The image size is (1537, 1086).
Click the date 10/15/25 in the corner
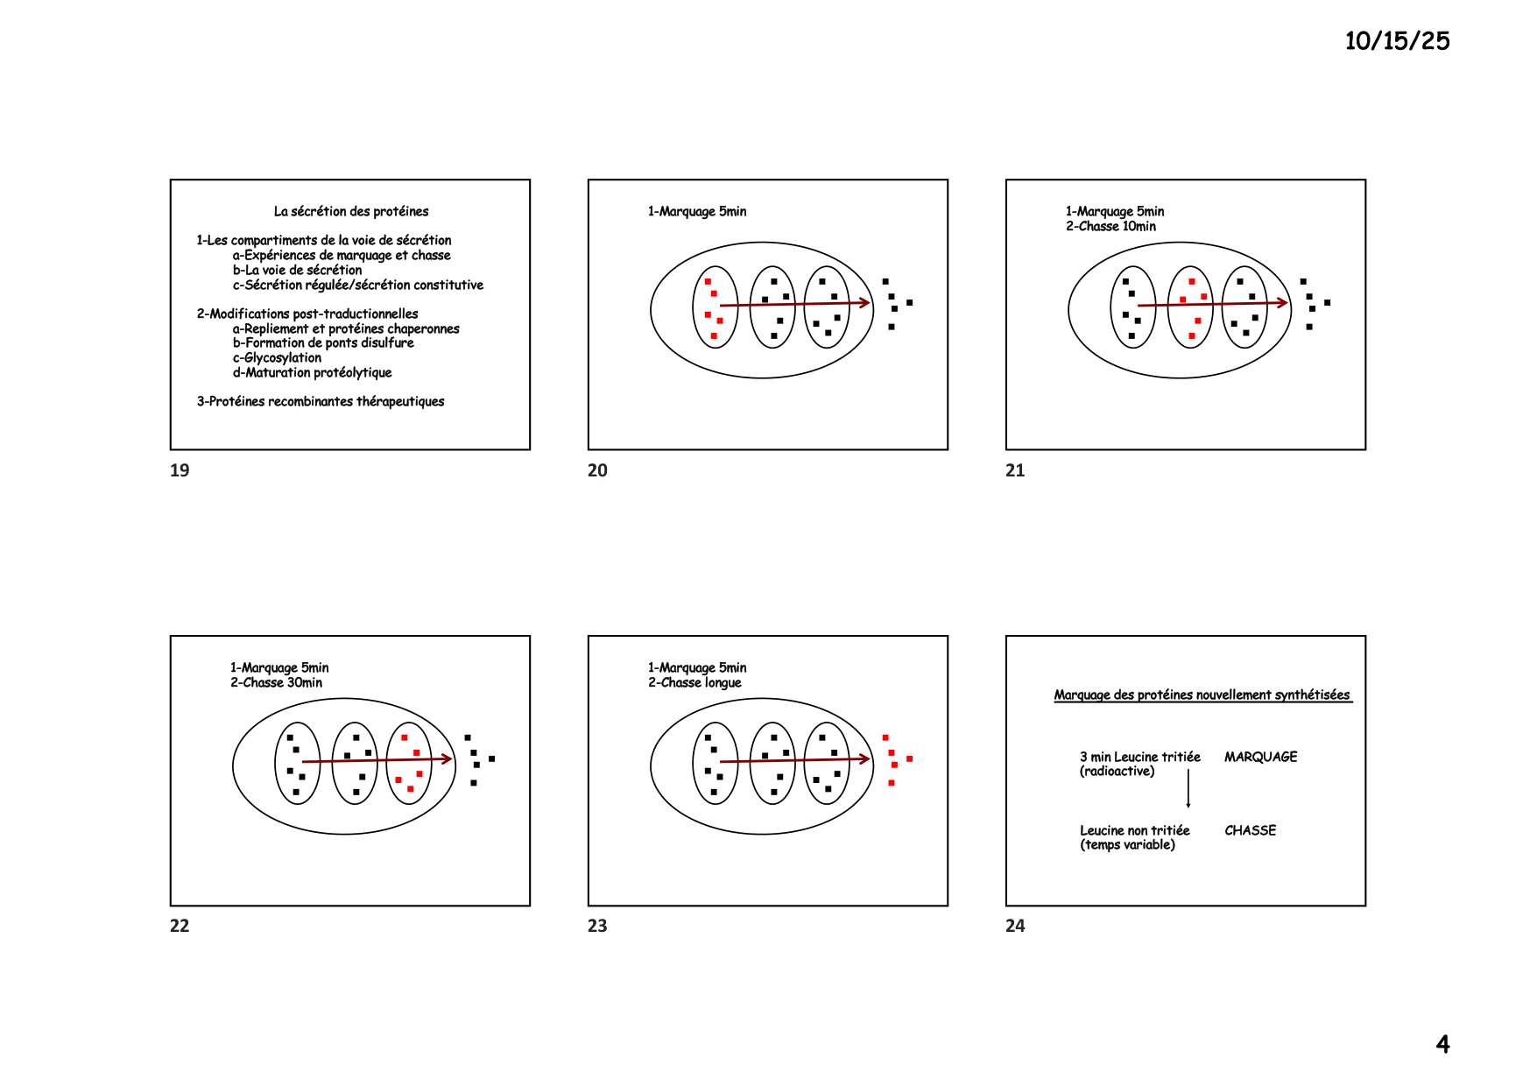pos(1397,41)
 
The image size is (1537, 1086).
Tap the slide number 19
pos(180,470)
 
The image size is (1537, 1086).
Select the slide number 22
pos(180,926)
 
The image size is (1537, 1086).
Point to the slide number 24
pos(1015,926)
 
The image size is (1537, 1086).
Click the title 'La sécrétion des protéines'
pos(351,211)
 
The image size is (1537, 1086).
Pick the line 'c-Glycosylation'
pos(277,357)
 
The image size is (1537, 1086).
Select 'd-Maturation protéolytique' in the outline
pos(312,372)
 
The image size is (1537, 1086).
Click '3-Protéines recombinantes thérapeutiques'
pos(321,401)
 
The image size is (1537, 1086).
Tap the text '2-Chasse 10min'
pos(1110,226)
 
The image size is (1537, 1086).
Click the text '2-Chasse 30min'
pos(276,682)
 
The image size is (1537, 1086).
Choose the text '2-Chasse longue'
pos(694,682)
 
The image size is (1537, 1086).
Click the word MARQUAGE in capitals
pos(1260,757)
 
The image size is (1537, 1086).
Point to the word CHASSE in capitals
pos(1250,830)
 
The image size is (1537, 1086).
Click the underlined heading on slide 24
pos(1202,695)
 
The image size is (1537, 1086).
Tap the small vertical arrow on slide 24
pos(1188,788)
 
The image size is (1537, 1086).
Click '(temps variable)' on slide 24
pos(1127,844)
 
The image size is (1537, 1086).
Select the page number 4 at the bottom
pos(1442,1044)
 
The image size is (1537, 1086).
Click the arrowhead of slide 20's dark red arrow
pos(865,303)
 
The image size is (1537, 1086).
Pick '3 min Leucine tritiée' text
pos(1139,757)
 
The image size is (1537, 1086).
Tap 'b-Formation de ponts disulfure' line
pos(323,342)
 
